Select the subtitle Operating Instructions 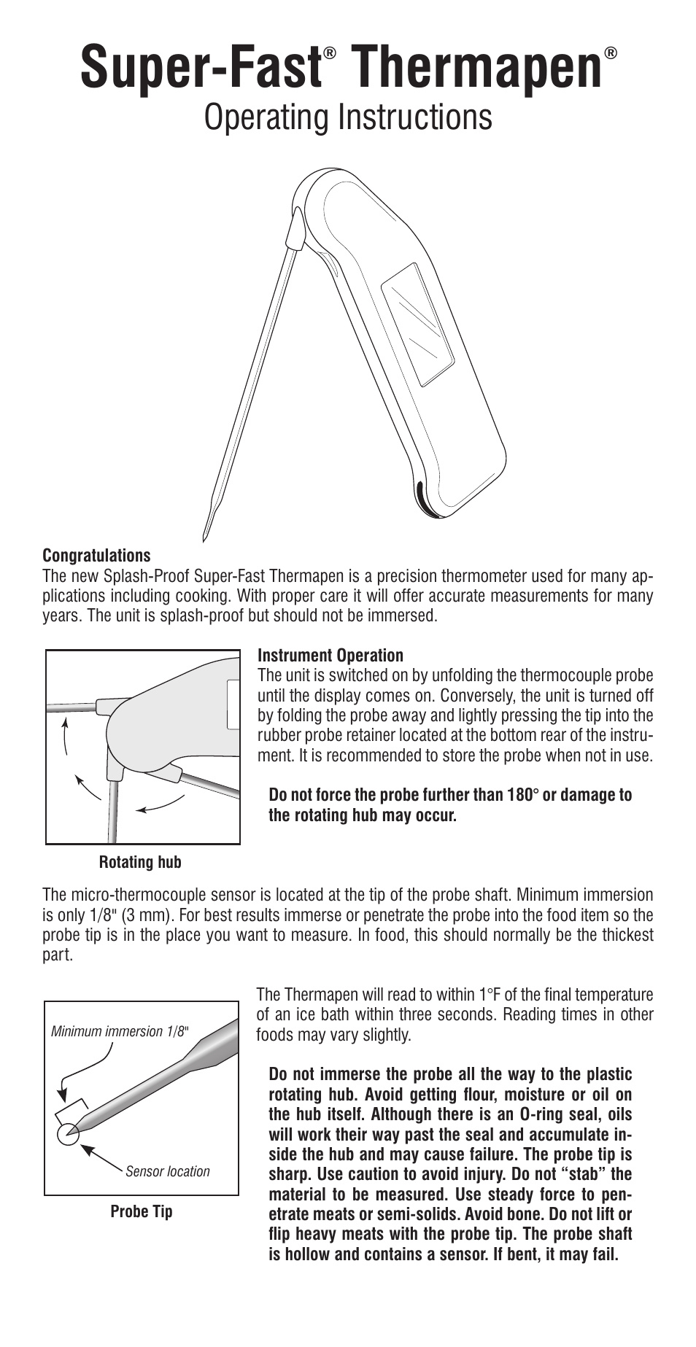click(x=348, y=117)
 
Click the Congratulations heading click(x=96, y=556)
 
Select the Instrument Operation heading click(x=330, y=656)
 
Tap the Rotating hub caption click(x=140, y=862)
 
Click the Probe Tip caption click(x=142, y=1211)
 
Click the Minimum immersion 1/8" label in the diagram click(x=120, y=1031)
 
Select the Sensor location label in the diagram click(x=168, y=1171)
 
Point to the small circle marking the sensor click(x=68, y=1132)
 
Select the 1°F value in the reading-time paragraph click(x=490, y=995)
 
